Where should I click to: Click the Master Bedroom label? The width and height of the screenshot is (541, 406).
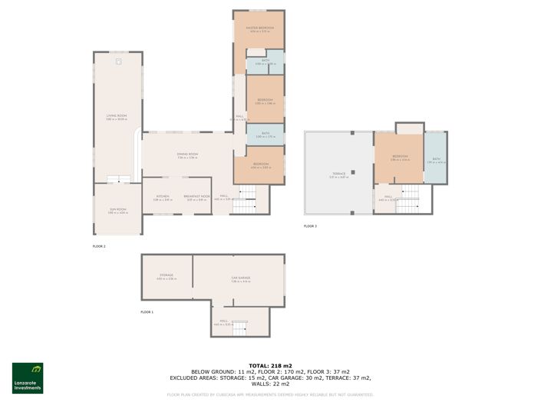[259, 28]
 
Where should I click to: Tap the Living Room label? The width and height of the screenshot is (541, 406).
[116, 116]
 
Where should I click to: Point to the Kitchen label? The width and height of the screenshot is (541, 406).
[163, 197]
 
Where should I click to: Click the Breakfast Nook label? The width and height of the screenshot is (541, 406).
[197, 197]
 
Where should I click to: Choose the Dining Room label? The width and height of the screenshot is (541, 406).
[188, 155]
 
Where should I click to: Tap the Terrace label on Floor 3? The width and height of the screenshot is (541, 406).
[338, 175]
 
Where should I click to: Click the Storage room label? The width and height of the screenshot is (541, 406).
[167, 275]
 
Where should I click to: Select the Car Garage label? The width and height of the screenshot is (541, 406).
[241, 279]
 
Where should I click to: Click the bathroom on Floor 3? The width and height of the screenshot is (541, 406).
[436, 161]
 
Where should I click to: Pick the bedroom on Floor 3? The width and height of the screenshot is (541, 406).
[399, 158]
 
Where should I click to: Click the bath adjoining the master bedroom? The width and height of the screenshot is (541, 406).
[265, 62]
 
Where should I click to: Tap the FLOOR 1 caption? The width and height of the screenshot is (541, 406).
[147, 312]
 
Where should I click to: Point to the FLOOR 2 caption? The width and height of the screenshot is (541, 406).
[98, 246]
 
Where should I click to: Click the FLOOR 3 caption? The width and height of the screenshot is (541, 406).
[310, 226]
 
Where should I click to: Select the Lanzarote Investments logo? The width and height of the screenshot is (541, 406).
[28, 378]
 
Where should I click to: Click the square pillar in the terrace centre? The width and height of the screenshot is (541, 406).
[352, 171]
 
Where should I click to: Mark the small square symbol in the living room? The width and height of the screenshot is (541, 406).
[117, 61]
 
